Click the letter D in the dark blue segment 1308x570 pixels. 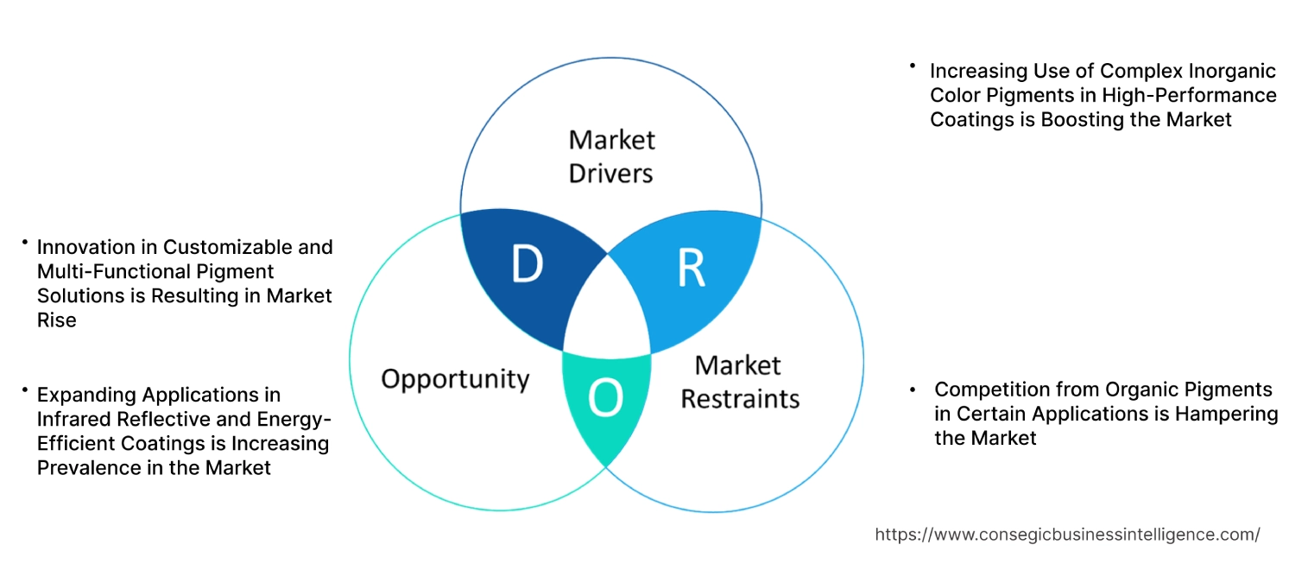click(526, 265)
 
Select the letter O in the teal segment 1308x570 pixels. click(604, 398)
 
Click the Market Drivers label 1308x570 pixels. click(611, 156)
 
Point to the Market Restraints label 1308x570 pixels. click(739, 382)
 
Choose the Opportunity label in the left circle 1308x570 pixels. click(455, 378)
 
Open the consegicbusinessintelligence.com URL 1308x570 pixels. click(1067, 535)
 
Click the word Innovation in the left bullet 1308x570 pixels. click(86, 247)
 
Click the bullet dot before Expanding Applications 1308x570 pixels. click(25, 391)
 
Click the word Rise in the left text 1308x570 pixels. click(56, 320)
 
